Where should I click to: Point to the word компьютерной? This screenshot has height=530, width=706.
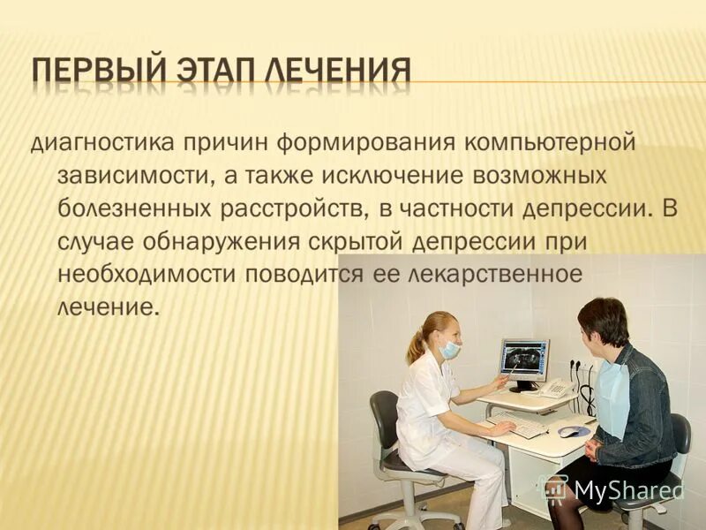[537, 141]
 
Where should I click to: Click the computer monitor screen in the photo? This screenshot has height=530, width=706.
[523, 359]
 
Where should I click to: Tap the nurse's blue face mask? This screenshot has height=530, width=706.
[450, 350]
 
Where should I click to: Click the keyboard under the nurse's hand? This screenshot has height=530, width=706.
[521, 425]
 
